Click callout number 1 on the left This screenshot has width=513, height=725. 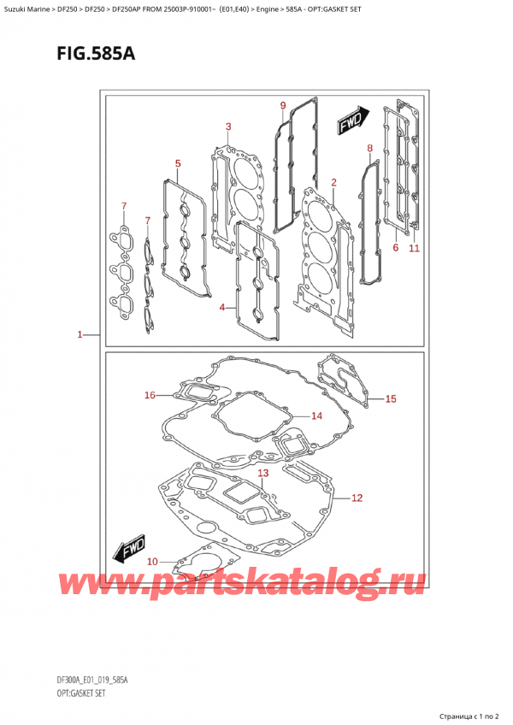pos(80,335)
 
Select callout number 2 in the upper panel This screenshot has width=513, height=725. pos(333,182)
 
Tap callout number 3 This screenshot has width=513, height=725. pos(221,306)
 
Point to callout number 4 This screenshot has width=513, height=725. pos(177,163)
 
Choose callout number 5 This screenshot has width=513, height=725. pos(395,248)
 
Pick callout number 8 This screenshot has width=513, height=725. pos(369,149)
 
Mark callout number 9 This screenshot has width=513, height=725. pos(282,105)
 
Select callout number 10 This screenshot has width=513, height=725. pos(152,561)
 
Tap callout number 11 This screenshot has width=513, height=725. pos(414,248)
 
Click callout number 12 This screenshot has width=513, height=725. pos(357,497)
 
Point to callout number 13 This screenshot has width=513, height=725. pos(262,473)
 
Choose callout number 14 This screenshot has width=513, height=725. pos(316,416)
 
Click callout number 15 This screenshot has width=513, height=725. pos(391,398)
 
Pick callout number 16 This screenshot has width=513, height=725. pos(150,395)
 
